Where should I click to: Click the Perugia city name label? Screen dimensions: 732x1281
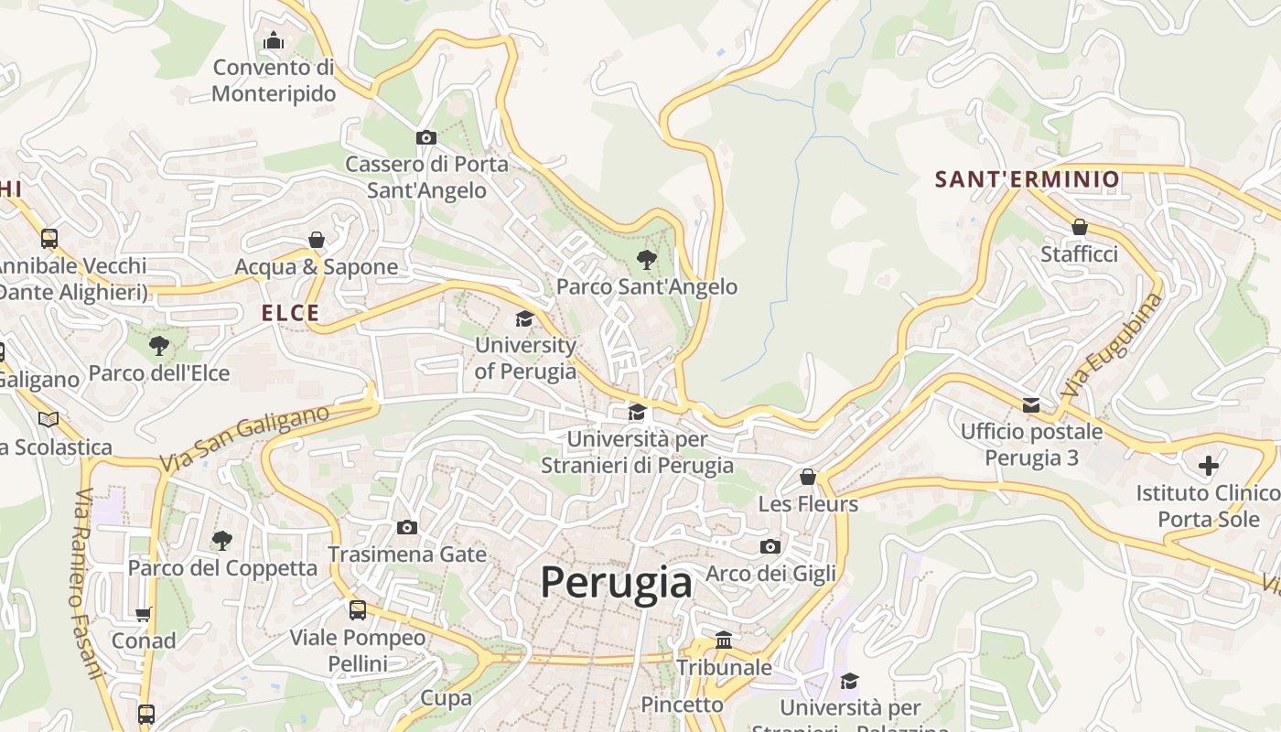[x=616, y=582]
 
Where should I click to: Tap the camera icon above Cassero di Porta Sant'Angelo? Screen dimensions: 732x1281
[x=426, y=137]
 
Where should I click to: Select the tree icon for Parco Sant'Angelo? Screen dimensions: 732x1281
[x=647, y=260]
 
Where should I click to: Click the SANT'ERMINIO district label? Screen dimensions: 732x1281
[x=1027, y=179]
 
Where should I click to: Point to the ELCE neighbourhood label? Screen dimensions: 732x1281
[x=291, y=313]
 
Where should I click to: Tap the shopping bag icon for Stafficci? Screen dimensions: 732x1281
[x=1080, y=227]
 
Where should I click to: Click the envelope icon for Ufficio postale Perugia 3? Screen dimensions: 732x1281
[x=1031, y=404]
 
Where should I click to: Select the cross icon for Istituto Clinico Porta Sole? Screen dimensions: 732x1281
[x=1208, y=466]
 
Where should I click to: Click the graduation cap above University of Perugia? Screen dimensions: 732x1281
[x=524, y=318]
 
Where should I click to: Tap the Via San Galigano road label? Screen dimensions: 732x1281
[x=244, y=439]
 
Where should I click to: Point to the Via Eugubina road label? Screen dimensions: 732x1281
[x=1112, y=343]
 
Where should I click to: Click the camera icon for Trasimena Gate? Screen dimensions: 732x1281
[x=407, y=527]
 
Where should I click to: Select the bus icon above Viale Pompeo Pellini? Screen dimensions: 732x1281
[x=358, y=609]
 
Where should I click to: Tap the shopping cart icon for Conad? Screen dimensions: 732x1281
[x=144, y=614]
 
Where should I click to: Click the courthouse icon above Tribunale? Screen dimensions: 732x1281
[x=724, y=640]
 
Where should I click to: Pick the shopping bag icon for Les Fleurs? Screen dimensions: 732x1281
[x=808, y=477]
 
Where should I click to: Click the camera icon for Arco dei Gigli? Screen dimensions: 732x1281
[x=770, y=546]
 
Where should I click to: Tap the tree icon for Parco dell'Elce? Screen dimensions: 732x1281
[x=159, y=346]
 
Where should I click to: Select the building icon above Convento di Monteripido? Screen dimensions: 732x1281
[x=274, y=40]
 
